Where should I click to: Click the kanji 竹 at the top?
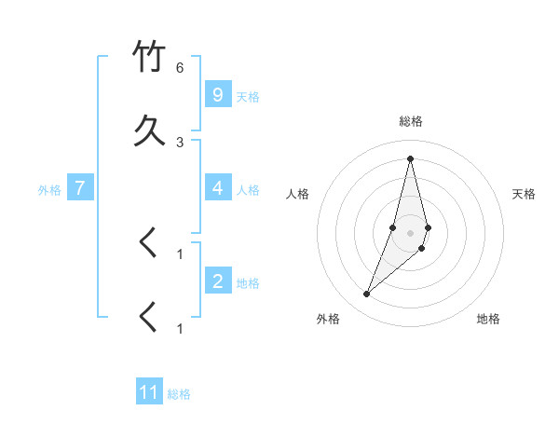point(150,57)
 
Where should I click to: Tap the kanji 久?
point(150,131)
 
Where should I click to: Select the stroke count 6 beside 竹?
point(180,68)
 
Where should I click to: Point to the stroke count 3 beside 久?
point(180,142)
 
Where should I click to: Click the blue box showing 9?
point(217,95)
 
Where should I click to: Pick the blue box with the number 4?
point(217,188)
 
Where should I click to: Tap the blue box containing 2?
point(217,281)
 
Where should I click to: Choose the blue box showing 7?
point(80,188)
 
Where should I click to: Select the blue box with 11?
point(149,392)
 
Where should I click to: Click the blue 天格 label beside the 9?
point(248,97)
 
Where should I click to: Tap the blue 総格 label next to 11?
point(179,394)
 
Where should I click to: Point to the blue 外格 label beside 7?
point(49,190)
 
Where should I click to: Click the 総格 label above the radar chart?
point(410,121)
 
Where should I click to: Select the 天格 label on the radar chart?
point(524,194)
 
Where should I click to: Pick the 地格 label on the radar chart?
point(488,319)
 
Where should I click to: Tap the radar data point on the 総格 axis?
point(410,157)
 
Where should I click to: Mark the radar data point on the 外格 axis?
point(366,294)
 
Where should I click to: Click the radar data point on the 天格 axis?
point(428,227)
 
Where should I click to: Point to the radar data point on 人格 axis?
point(392,227)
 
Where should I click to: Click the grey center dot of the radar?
point(410,233)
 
